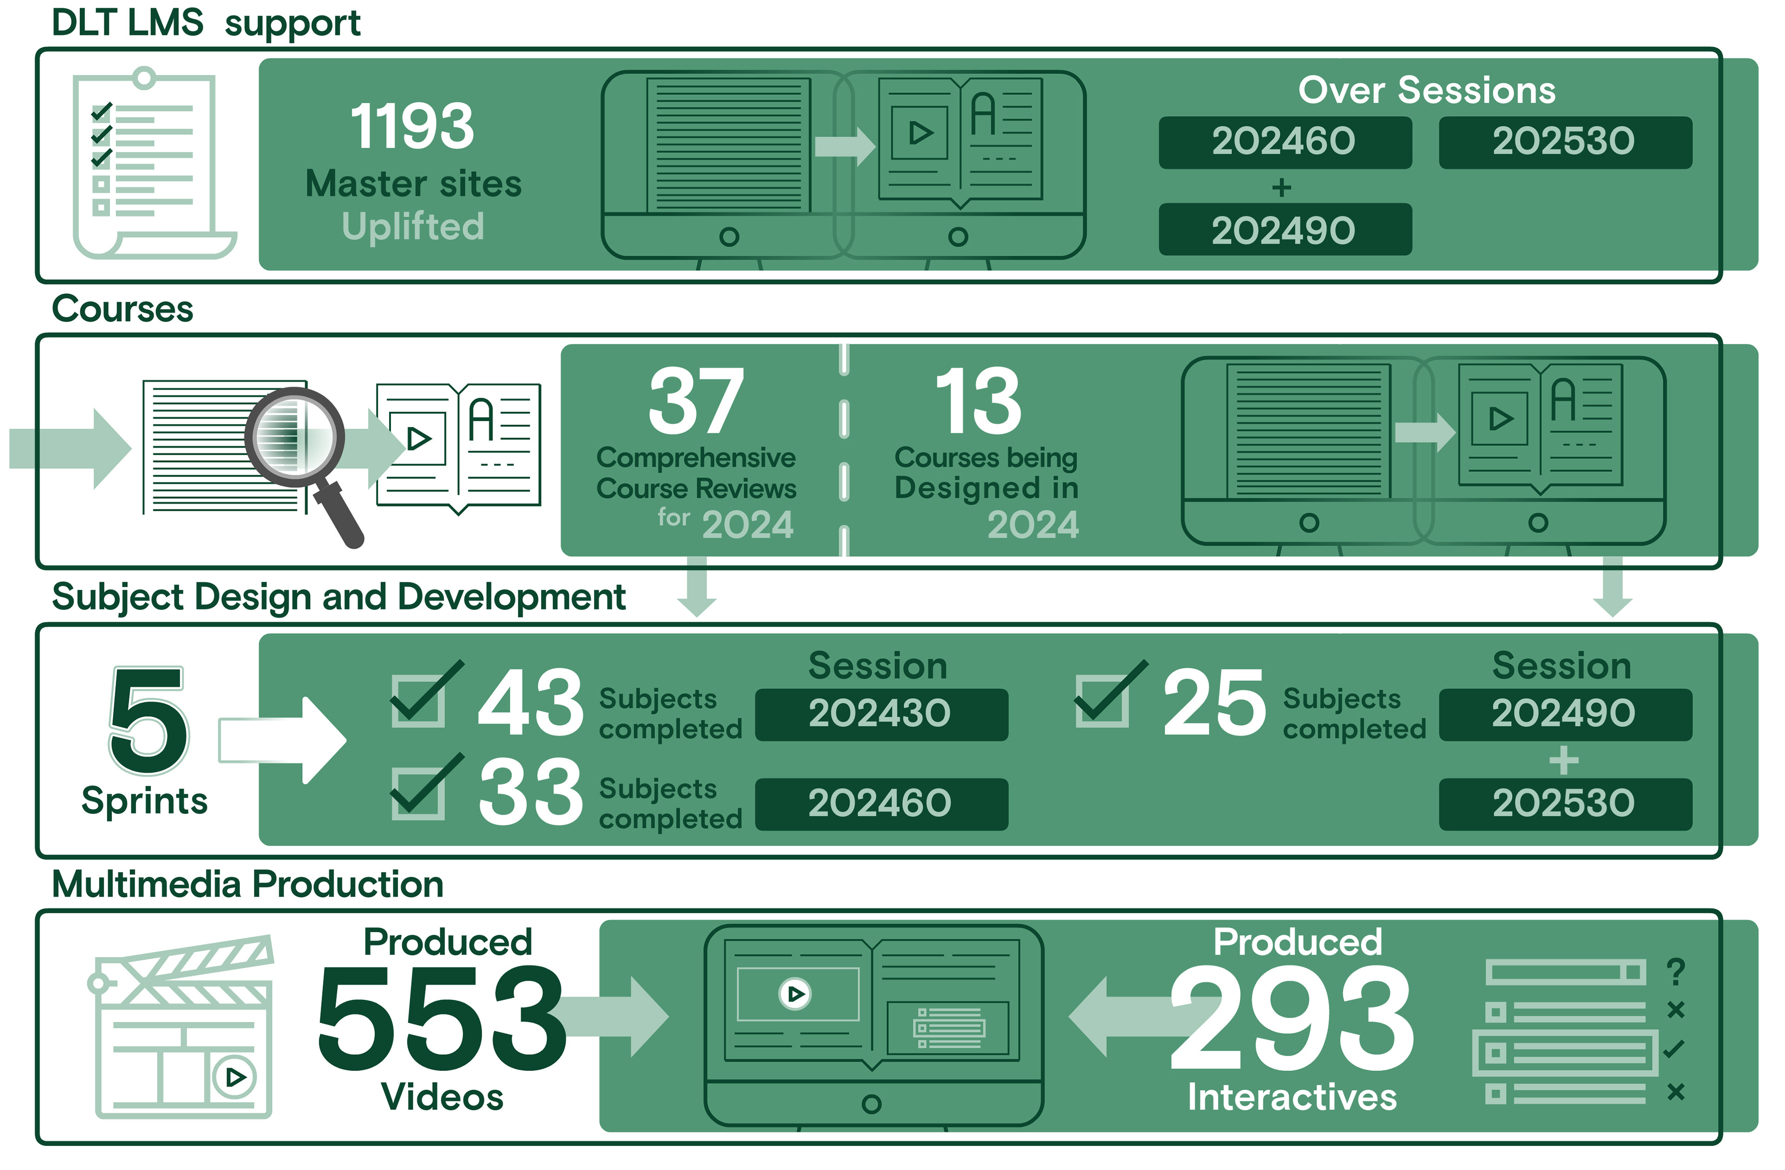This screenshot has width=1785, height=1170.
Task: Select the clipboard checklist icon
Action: click(150, 165)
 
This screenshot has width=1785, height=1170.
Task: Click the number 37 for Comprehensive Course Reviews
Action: click(696, 402)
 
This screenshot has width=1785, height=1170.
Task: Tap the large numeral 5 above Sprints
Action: click(148, 720)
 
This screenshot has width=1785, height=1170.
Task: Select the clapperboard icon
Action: click(184, 1027)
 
